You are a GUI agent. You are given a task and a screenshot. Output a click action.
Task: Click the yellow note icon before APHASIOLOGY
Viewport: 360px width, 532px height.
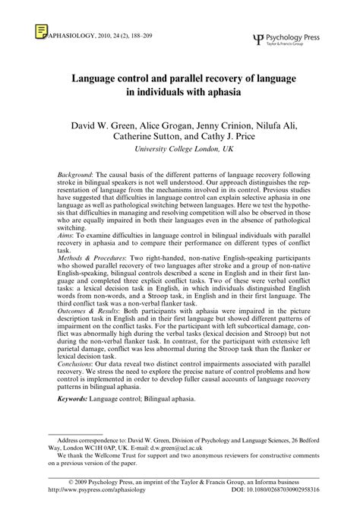39,31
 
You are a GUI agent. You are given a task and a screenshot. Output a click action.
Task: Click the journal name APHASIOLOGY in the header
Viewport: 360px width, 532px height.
69,35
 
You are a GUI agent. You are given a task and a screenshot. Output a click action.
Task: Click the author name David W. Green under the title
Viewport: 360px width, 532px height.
96,123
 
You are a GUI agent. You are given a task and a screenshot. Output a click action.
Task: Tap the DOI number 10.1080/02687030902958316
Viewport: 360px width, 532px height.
286,509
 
